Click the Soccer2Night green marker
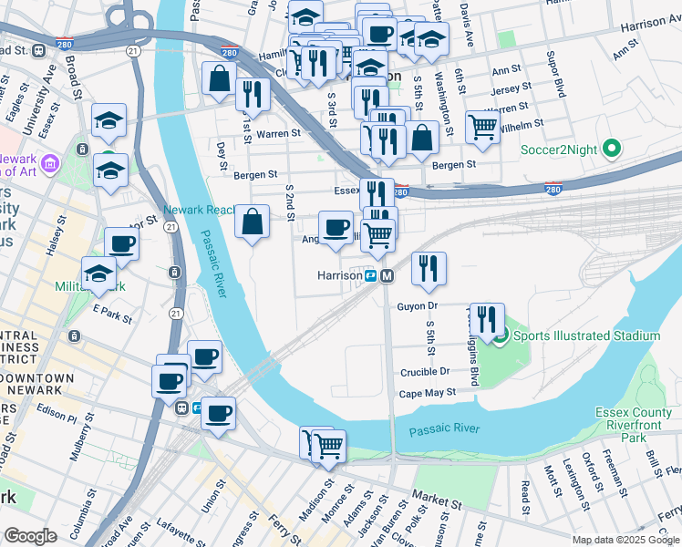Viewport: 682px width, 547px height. point(611,149)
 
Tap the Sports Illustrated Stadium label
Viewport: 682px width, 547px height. point(586,336)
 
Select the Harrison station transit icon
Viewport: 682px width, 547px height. point(372,275)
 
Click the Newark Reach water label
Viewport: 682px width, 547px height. point(199,210)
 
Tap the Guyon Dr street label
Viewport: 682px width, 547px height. point(418,307)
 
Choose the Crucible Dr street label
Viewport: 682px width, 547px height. point(425,372)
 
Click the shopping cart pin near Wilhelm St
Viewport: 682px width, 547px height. point(482,126)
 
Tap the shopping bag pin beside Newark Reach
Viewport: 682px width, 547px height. point(253,221)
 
